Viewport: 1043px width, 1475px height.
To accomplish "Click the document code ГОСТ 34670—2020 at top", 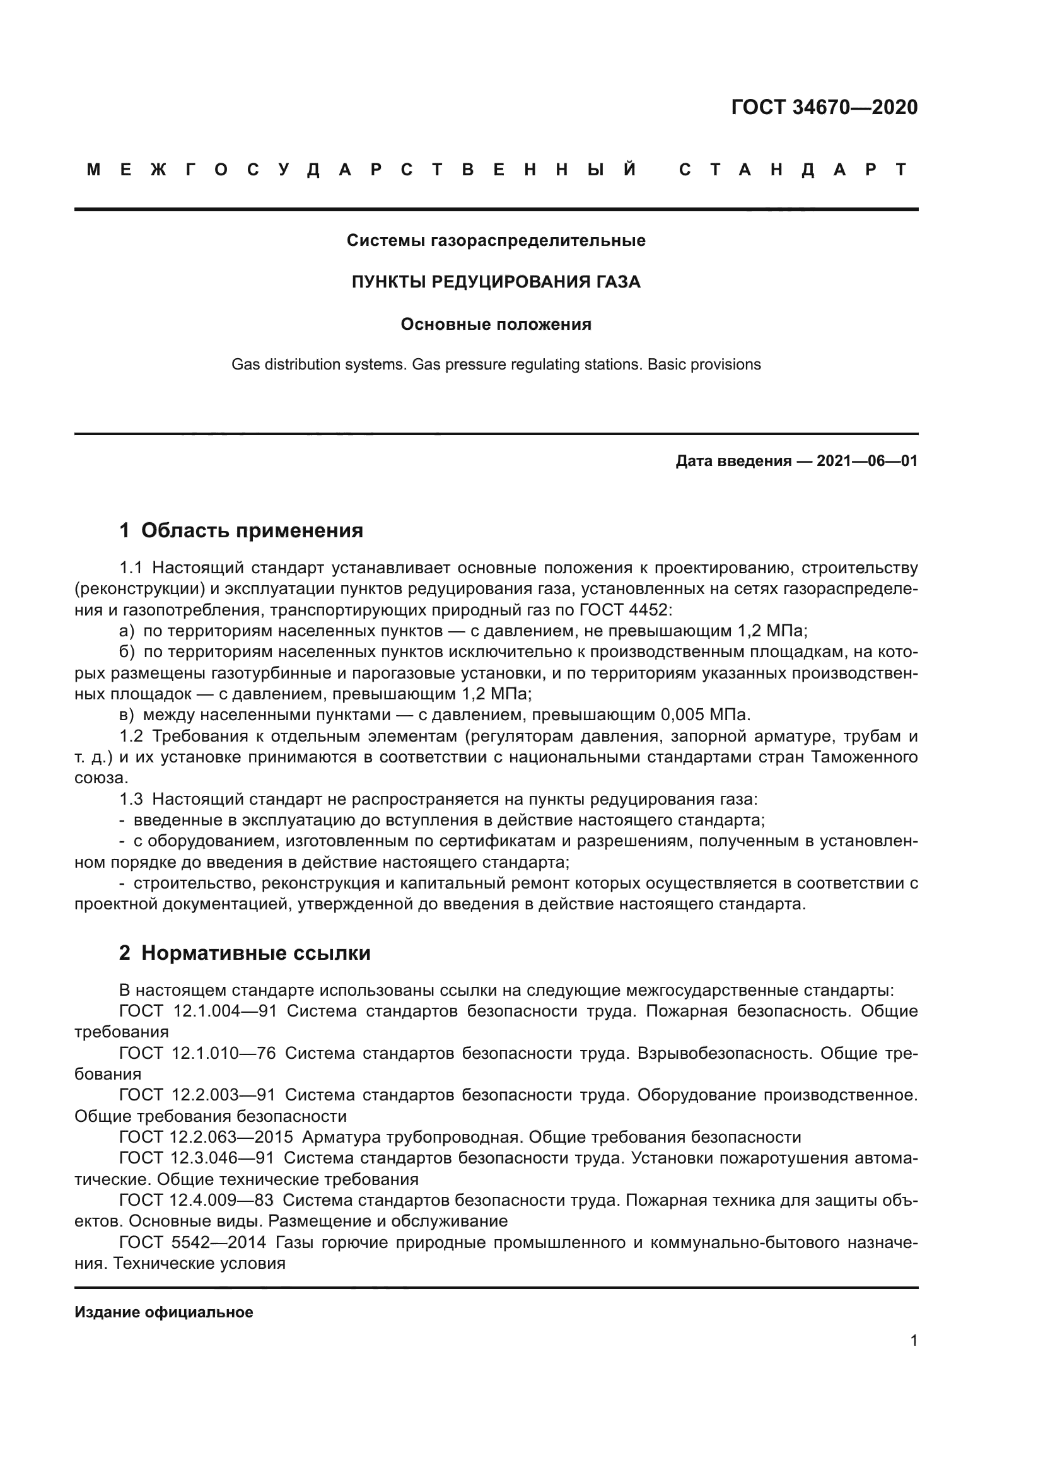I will [824, 107].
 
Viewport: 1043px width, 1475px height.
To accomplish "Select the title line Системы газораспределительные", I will [496, 240].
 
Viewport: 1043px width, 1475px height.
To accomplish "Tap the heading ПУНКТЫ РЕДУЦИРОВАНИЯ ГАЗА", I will [496, 282].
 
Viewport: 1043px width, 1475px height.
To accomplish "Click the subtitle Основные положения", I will [496, 324].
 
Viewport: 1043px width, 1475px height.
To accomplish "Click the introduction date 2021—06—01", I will [866, 461].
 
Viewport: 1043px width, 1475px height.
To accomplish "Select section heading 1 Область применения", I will [242, 530].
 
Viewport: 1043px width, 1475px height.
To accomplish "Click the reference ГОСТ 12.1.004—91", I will [198, 1011].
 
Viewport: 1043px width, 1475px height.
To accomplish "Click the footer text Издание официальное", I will [164, 1312].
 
